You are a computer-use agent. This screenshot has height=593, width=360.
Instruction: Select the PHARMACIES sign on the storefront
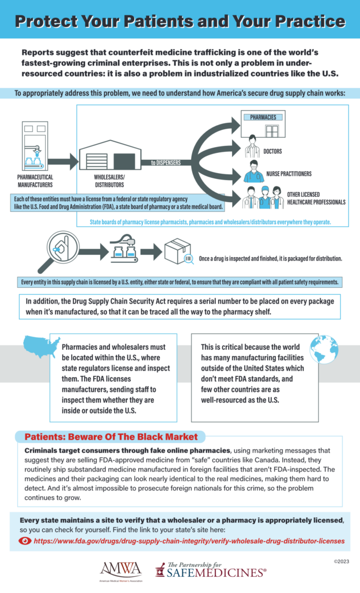click(x=263, y=118)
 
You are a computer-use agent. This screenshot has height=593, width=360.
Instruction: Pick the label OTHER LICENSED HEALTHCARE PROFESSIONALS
click(x=315, y=198)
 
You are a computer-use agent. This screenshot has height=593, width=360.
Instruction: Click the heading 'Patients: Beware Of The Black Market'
click(x=111, y=436)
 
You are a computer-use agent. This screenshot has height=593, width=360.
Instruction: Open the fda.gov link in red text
click(x=189, y=541)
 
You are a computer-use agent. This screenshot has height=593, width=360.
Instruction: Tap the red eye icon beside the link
click(x=25, y=541)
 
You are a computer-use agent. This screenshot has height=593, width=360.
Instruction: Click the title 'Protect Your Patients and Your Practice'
click(x=179, y=21)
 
